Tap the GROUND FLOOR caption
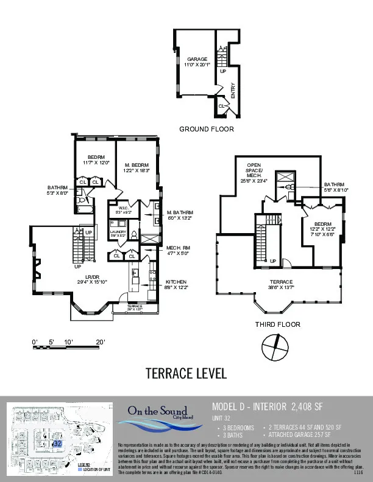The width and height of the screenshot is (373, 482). pyautogui.click(x=206, y=130)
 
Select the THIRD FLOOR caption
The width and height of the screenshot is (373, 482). pyautogui.click(x=277, y=324)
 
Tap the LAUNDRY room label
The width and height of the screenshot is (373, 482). pyautogui.click(x=117, y=233)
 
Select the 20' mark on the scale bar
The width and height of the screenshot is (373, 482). pyautogui.click(x=101, y=342)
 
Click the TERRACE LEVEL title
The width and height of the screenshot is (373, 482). pyautogui.click(x=187, y=372)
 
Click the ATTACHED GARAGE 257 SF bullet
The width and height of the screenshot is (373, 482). pyautogui.click(x=299, y=436)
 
